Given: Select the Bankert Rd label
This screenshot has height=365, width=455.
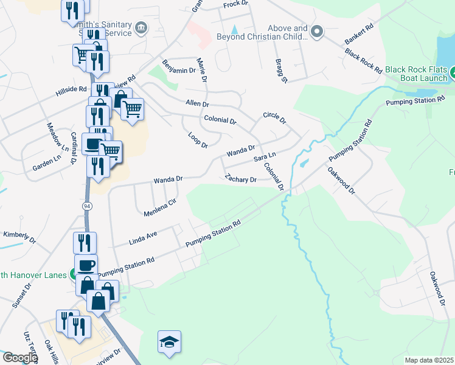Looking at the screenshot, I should (x=358, y=37).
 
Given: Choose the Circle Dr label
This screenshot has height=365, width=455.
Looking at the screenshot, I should (x=274, y=117).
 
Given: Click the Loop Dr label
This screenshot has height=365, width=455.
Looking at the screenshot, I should (x=198, y=140).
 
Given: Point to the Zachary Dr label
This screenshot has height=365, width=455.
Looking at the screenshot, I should (x=240, y=179).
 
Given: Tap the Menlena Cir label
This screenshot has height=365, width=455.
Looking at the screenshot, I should (x=160, y=207).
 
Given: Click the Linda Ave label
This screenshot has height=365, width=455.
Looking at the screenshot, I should (x=144, y=237).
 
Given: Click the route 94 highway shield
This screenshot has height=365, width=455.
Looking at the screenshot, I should (x=88, y=206).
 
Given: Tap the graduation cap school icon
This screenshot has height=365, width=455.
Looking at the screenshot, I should (x=170, y=342).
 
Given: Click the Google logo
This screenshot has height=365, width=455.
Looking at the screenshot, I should (x=19, y=358).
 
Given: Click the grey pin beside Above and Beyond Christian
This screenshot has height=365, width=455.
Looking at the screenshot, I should (x=316, y=30).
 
